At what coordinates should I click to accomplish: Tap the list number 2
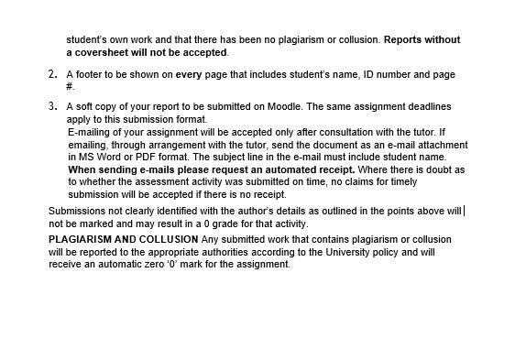[x=52, y=73]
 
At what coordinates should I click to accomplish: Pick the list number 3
[x=52, y=107]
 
